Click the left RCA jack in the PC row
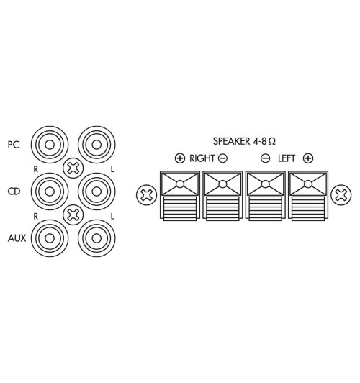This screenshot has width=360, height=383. pos(48,145)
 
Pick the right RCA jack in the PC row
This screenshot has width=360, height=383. pos(94,145)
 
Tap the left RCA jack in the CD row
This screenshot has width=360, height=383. pos(48,191)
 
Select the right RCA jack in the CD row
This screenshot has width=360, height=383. pos(94,191)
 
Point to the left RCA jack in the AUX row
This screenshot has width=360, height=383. pos(48,237)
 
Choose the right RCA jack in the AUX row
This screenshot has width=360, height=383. pos(94,237)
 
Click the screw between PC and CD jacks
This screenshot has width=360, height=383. pos(72,168)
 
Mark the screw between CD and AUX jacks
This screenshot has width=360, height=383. pos(72,214)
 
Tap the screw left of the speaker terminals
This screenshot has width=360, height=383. pos(146,194)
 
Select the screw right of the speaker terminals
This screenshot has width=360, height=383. pos(340,194)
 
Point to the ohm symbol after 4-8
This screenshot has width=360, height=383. pos(271,142)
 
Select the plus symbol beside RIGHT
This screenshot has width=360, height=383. pos(179,158)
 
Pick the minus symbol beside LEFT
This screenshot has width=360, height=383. pos(266,158)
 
